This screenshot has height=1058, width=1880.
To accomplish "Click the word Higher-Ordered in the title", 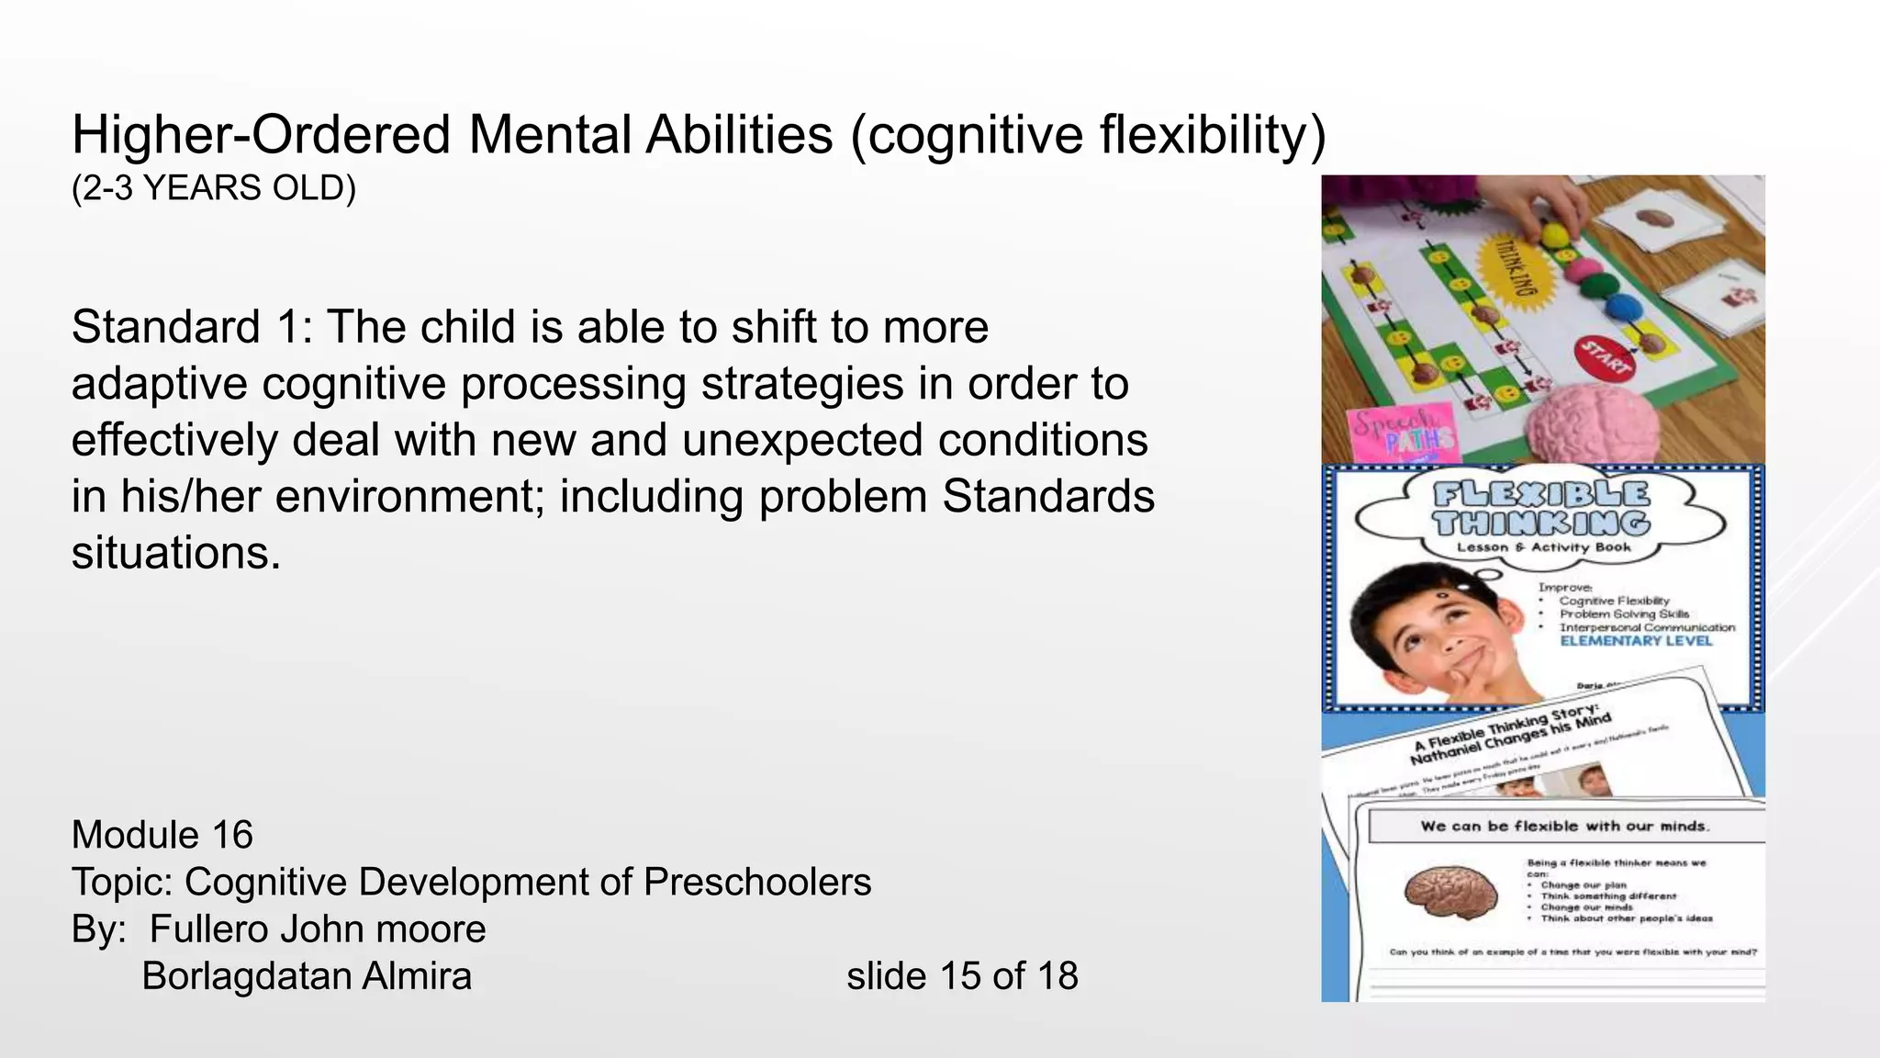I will (261, 135).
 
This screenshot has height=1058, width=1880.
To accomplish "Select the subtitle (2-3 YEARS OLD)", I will (213, 188).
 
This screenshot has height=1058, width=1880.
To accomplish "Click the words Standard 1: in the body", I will (192, 328).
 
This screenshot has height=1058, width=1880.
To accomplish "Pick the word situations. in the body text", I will (175, 554).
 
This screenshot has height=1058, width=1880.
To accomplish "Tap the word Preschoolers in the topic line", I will (757, 883).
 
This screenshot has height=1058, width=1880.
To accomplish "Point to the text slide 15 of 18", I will (961, 976).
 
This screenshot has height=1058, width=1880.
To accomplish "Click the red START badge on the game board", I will (1604, 357).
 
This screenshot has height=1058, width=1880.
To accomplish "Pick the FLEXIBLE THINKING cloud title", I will (1541, 509).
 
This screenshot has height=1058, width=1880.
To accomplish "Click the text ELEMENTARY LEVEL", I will (1636, 641).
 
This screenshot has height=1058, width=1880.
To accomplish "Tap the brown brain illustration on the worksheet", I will (1449, 890).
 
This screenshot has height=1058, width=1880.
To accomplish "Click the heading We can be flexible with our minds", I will (1564, 827).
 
